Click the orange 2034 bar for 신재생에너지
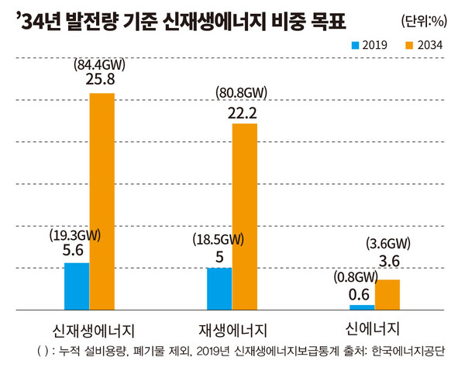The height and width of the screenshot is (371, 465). coord(102,200)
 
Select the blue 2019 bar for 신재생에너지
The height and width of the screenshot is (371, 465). coord(77,285)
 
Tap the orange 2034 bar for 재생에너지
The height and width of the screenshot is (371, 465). coord(244,215)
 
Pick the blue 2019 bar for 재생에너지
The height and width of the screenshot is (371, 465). coord(219,287)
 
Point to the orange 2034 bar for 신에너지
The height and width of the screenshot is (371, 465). coord(387,293)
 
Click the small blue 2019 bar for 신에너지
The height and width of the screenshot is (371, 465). coord(362,307)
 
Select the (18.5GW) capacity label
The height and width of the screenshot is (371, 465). coord(218,238)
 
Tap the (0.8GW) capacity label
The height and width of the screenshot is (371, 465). coord(356,276)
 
